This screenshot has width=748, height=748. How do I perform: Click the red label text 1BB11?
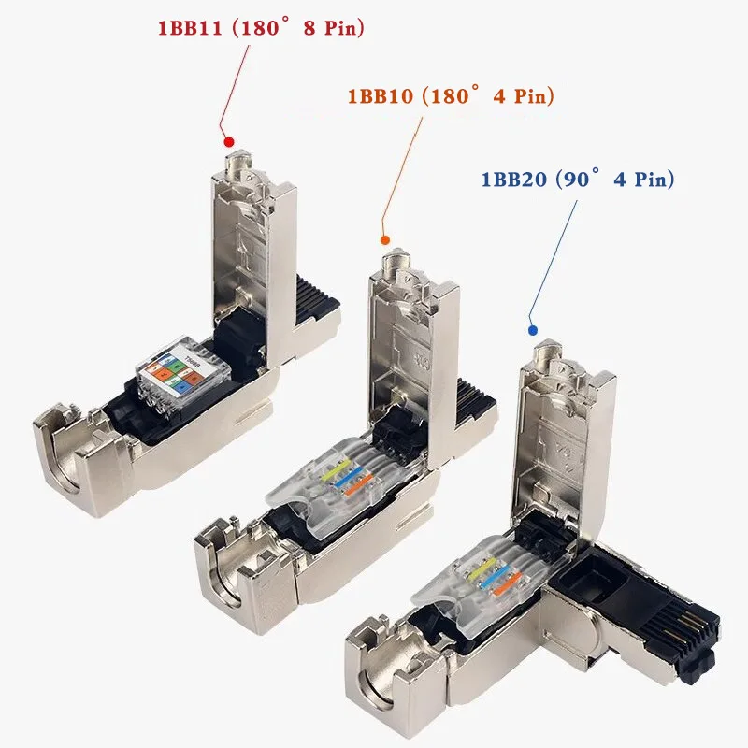point(190,28)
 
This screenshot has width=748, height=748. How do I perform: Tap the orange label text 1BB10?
point(381,96)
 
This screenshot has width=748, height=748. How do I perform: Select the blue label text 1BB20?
point(513,180)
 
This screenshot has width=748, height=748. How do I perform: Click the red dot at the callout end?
point(229,142)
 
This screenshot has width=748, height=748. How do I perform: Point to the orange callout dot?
point(385,240)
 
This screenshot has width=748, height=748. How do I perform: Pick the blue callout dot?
point(533,330)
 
